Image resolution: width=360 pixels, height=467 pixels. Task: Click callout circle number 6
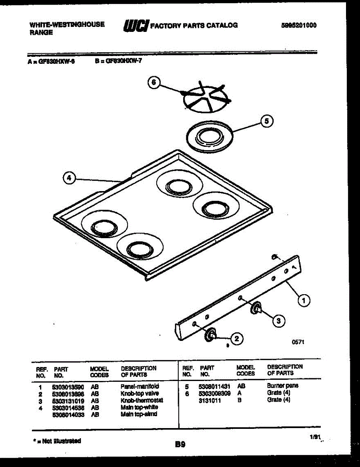[x=154, y=83]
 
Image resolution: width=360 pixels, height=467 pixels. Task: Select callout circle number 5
[x=267, y=121]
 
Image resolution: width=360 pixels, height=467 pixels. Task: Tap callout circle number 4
[x=69, y=178]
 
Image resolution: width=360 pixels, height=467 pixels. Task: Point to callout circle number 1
[x=304, y=300]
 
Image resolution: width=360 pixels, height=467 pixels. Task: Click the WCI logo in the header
[x=136, y=26]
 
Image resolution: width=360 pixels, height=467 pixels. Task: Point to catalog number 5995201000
[x=299, y=26]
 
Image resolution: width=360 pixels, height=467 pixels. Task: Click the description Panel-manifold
[x=140, y=386]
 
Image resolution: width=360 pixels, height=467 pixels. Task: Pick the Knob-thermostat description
[x=142, y=400]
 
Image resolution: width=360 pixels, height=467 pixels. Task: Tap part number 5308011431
[x=214, y=387]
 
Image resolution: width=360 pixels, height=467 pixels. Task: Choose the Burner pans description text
[x=283, y=386]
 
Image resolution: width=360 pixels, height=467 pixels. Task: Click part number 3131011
[x=210, y=400]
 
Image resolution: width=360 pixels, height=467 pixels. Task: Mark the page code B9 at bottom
[x=180, y=444]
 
